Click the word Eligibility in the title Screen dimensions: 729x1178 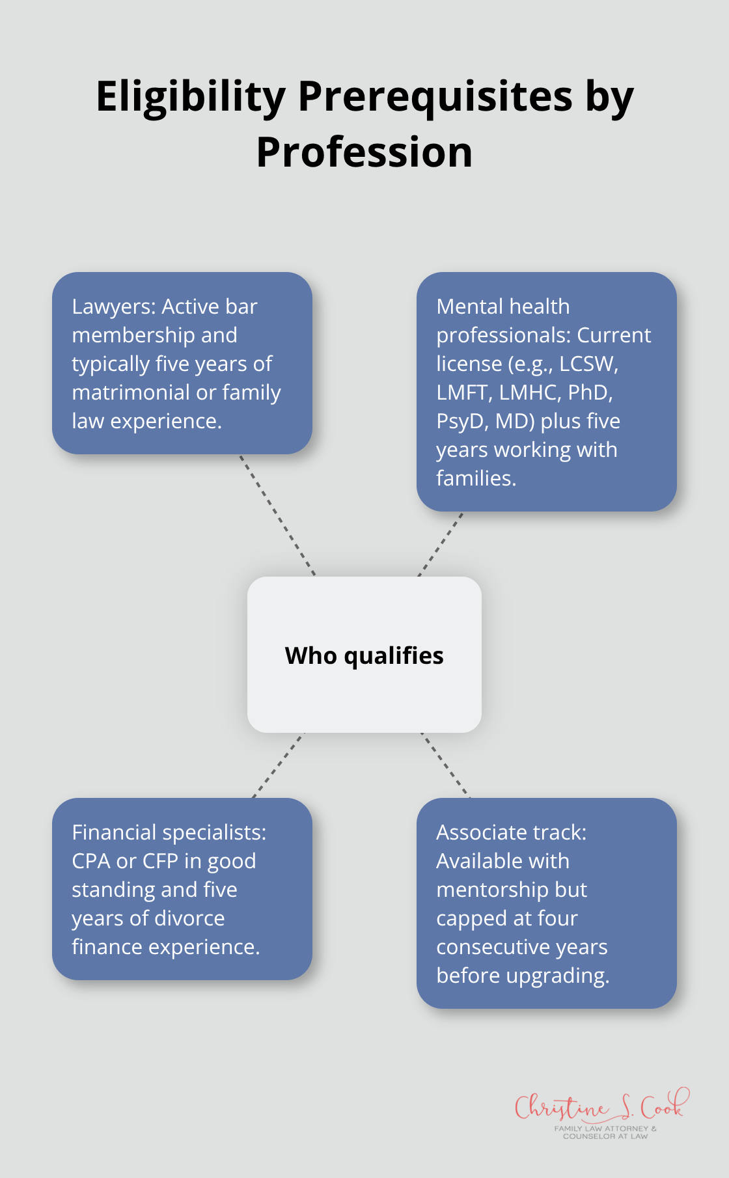pyautogui.click(x=191, y=98)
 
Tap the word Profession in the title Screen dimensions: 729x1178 pyautogui.click(x=364, y=153)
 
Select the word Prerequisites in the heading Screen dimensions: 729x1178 pyautogui.click(x=435, y=98)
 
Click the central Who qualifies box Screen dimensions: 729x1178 pyautogui.click(x=364, y=655)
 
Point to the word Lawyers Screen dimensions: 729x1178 pyautogui.click(x=114, y=307)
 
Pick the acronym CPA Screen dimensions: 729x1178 pyautogui.click(x=91, y=861)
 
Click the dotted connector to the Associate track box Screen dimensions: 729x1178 pyautogui.click(x=445, y=765)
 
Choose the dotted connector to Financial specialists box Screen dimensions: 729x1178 pyautogui.click(x=279, y=765)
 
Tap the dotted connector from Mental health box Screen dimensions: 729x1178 pyautogui.click(x=441, y=544)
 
